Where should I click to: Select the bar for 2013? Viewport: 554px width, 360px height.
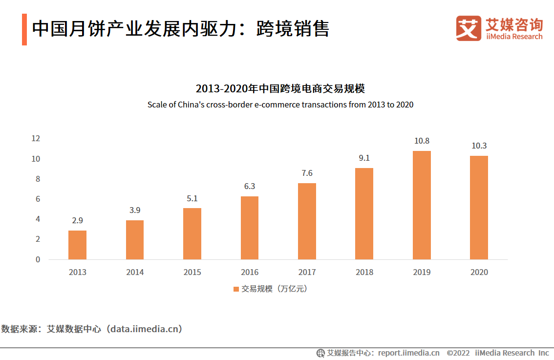(77, 245)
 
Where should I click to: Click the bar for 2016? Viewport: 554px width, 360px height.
(250, 228)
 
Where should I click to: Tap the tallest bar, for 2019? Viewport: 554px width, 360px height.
(422, 205)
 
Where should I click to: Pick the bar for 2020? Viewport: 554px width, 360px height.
(479, 208)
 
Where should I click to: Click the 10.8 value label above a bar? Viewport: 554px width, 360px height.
(422, 141)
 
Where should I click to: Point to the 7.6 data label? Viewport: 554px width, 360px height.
(307, 173)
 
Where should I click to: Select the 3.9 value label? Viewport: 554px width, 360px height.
(135, 210)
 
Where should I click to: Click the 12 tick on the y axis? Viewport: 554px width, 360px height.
(35, 138)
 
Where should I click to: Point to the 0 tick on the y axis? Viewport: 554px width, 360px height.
(38, 259)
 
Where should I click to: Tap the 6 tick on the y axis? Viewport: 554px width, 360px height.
(38, 199)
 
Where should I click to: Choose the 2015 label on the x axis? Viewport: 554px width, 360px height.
(192, 272)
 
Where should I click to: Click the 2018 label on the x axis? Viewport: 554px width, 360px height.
(364, 272)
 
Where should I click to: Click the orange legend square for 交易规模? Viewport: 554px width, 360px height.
(236, 289)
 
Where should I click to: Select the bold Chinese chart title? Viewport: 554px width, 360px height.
(280, 89)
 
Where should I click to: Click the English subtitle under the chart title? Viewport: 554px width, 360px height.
(280, 105)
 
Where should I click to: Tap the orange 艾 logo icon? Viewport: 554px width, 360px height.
(469, 28)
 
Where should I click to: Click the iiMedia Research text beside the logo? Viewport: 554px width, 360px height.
(514, 37)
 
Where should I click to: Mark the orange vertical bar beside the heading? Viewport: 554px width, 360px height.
(24, 30)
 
